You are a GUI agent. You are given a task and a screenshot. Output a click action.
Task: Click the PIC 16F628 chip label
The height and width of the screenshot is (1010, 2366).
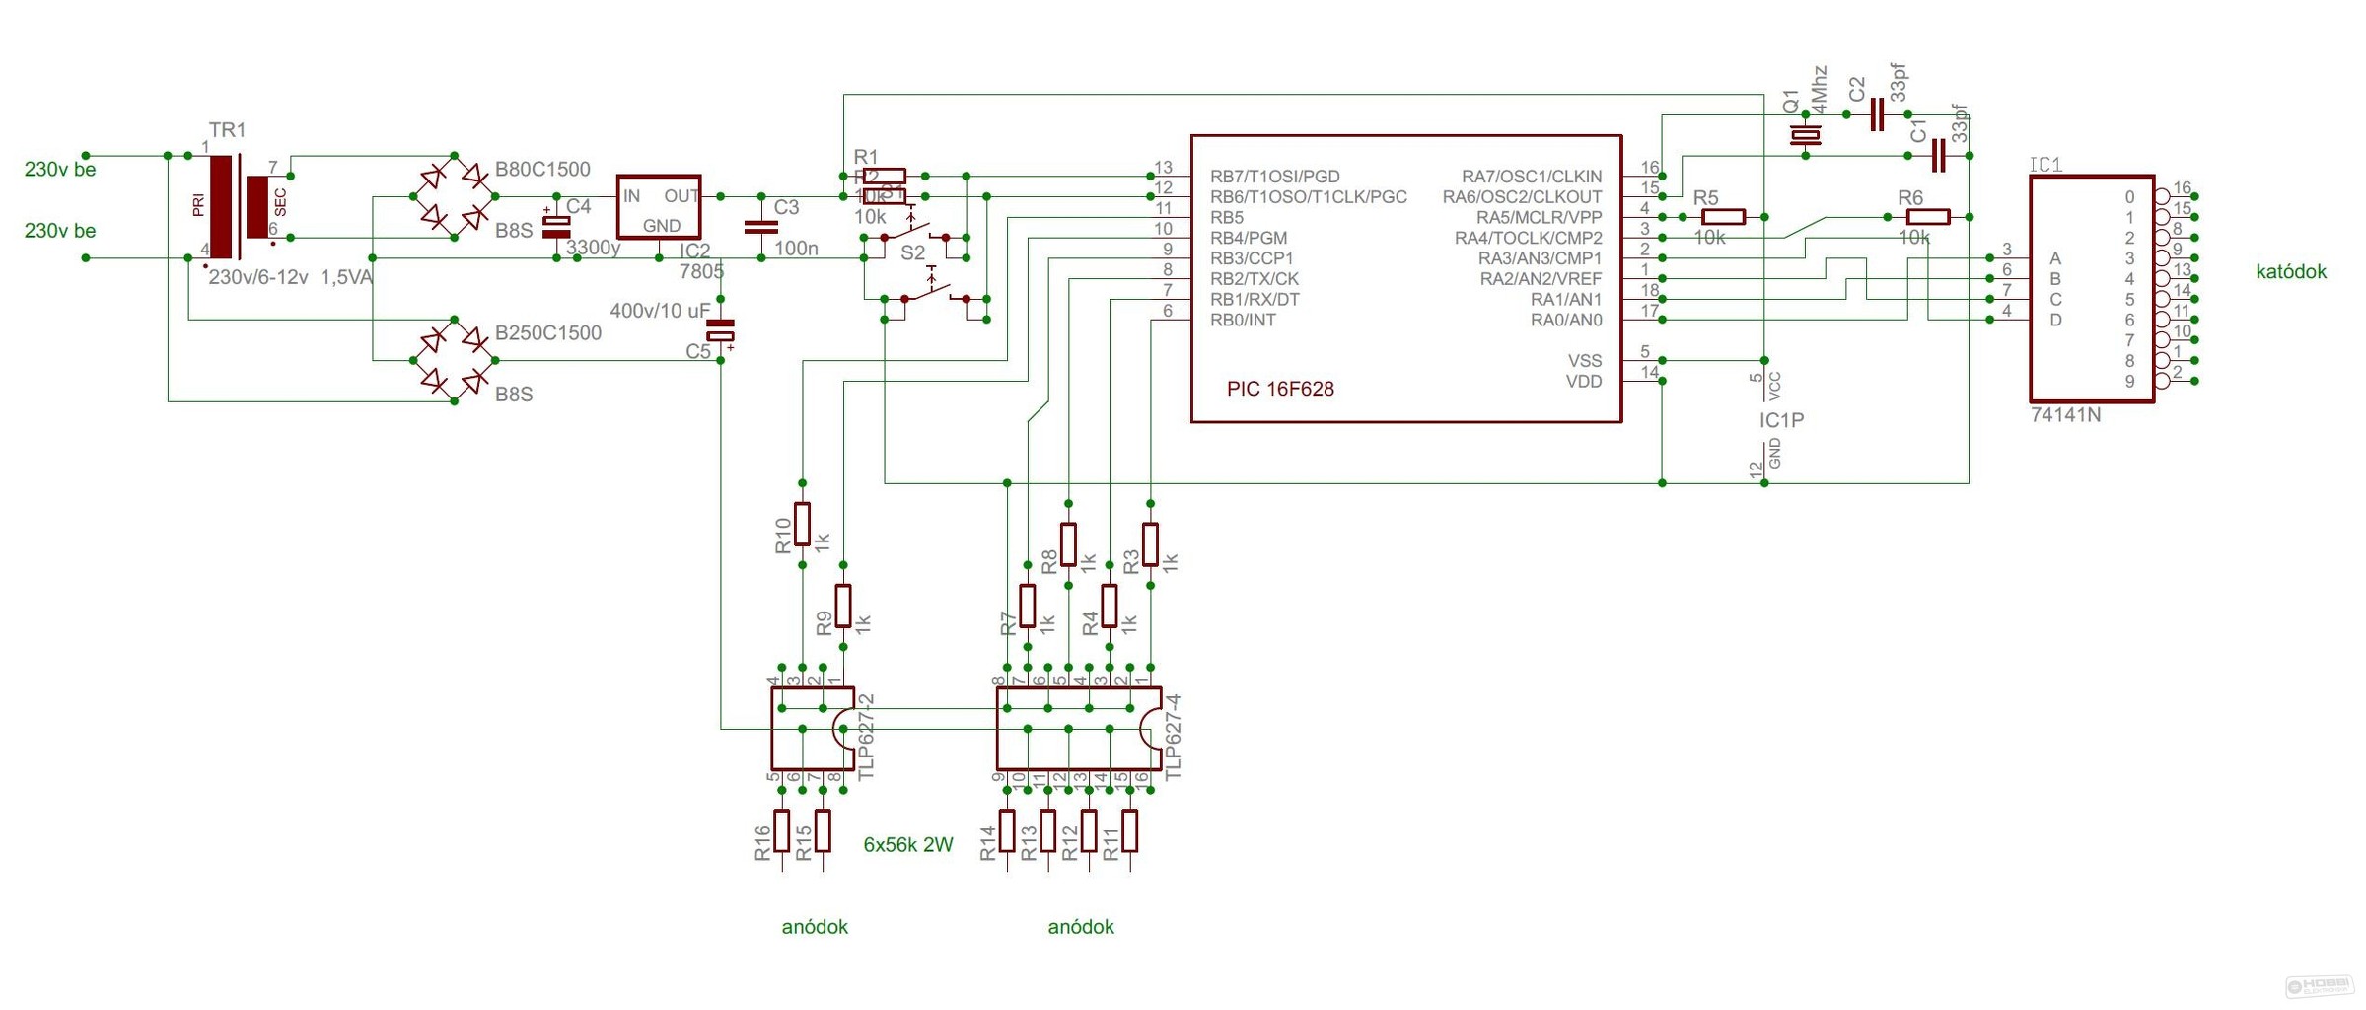click(x=1279, y=389)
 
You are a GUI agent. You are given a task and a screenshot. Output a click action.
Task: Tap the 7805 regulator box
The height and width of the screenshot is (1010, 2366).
click(x=659, y=207)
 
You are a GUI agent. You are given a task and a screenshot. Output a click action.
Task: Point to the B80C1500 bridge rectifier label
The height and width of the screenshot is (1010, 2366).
click(x=542, y=169)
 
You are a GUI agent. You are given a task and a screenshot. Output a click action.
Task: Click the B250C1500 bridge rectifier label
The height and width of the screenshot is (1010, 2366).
click(x=547, y=332)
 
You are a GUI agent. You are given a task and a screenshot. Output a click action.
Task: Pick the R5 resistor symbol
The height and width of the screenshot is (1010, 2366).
click(x=1723, y=217)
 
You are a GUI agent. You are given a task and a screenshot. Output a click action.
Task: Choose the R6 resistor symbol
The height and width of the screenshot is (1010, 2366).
click(x=1927, y=217)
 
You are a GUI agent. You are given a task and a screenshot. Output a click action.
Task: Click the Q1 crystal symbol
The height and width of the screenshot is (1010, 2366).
click(x=1805, y=135)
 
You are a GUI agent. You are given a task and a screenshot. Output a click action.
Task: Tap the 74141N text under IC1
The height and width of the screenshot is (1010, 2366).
click(x=2065, y=415)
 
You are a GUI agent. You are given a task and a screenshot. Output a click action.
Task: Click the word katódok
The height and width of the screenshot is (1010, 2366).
click(x=2290, y=271)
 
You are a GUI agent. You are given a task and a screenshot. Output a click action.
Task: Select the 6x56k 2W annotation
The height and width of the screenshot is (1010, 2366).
click(x=907, y=844)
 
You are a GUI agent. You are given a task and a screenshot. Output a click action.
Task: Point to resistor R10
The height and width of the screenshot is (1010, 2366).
click(x=803, y=524)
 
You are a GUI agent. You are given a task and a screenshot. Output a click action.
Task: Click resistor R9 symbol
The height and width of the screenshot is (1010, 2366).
click(x=843, y=606)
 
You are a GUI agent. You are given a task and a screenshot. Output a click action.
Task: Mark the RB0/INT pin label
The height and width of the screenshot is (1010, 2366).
click(x=1243, y=320)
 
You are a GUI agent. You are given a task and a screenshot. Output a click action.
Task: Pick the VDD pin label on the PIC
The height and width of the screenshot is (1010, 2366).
click(x=1583, y=382)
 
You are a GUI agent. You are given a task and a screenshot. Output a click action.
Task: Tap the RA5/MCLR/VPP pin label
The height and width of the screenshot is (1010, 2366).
click(x=1539, y=217)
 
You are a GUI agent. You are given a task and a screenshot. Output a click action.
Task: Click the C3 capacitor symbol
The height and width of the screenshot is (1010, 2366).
click(x=761, y=227)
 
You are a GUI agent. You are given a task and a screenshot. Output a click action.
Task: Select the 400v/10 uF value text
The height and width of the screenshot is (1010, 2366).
click(x=659, y=311)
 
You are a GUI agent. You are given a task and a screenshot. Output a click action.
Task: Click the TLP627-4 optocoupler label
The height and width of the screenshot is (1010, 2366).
click(x=1173, y=737)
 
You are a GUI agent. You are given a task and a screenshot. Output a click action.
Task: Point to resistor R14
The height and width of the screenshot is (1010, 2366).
click(x=1007, y=830)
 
